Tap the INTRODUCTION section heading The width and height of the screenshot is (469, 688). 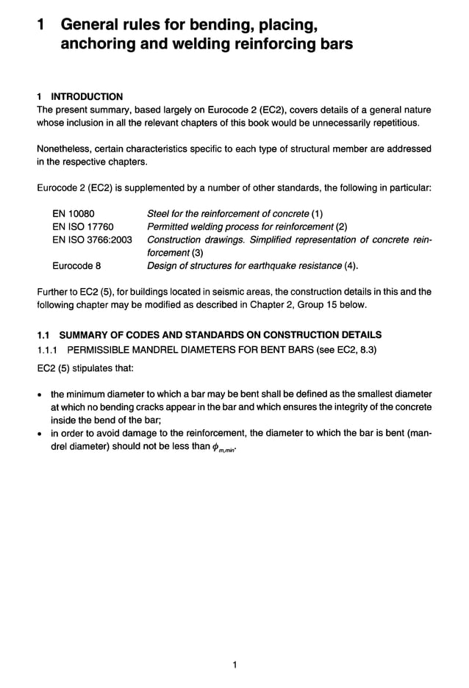click(86, 96)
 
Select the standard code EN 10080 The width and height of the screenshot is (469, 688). click(73, 214)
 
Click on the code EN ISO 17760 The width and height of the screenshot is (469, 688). click(82, 226)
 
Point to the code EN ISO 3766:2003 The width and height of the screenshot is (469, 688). click(92, 240)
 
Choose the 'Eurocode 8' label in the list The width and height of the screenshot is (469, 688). click(76, 265)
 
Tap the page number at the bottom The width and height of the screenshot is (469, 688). click(234, 666)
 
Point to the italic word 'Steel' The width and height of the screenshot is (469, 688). click(159, 214)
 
